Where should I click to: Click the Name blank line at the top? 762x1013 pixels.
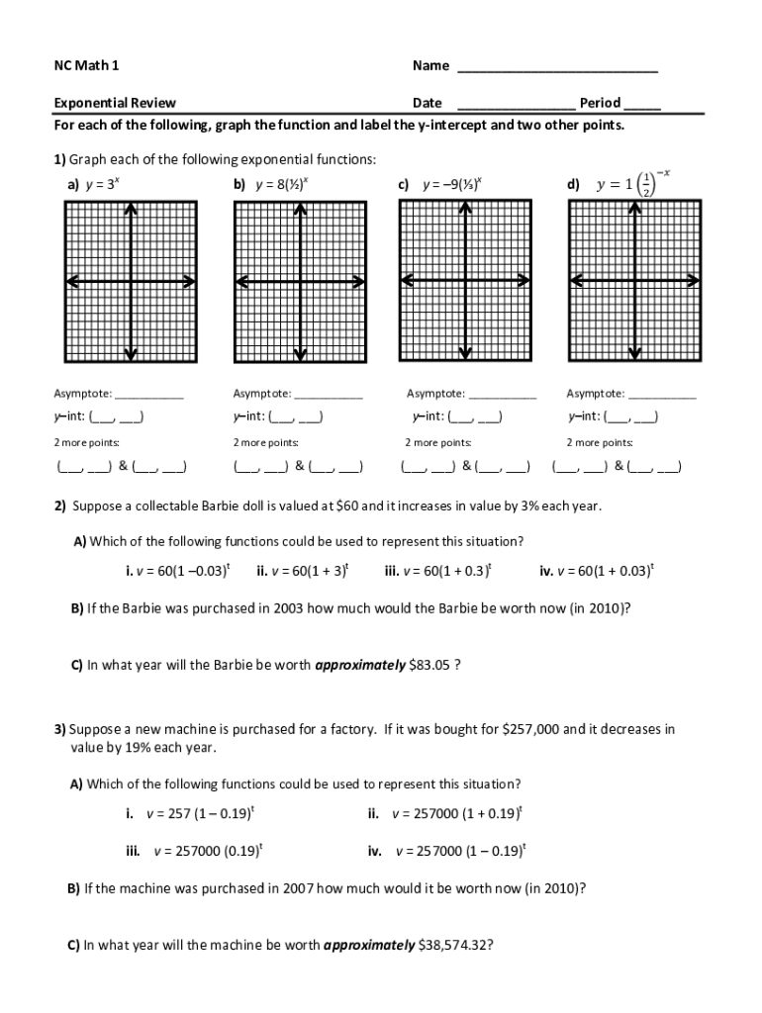coord(557,68)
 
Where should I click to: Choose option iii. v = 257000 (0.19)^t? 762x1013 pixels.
coord(194,850)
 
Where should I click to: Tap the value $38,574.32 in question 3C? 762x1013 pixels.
coord(455,945)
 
